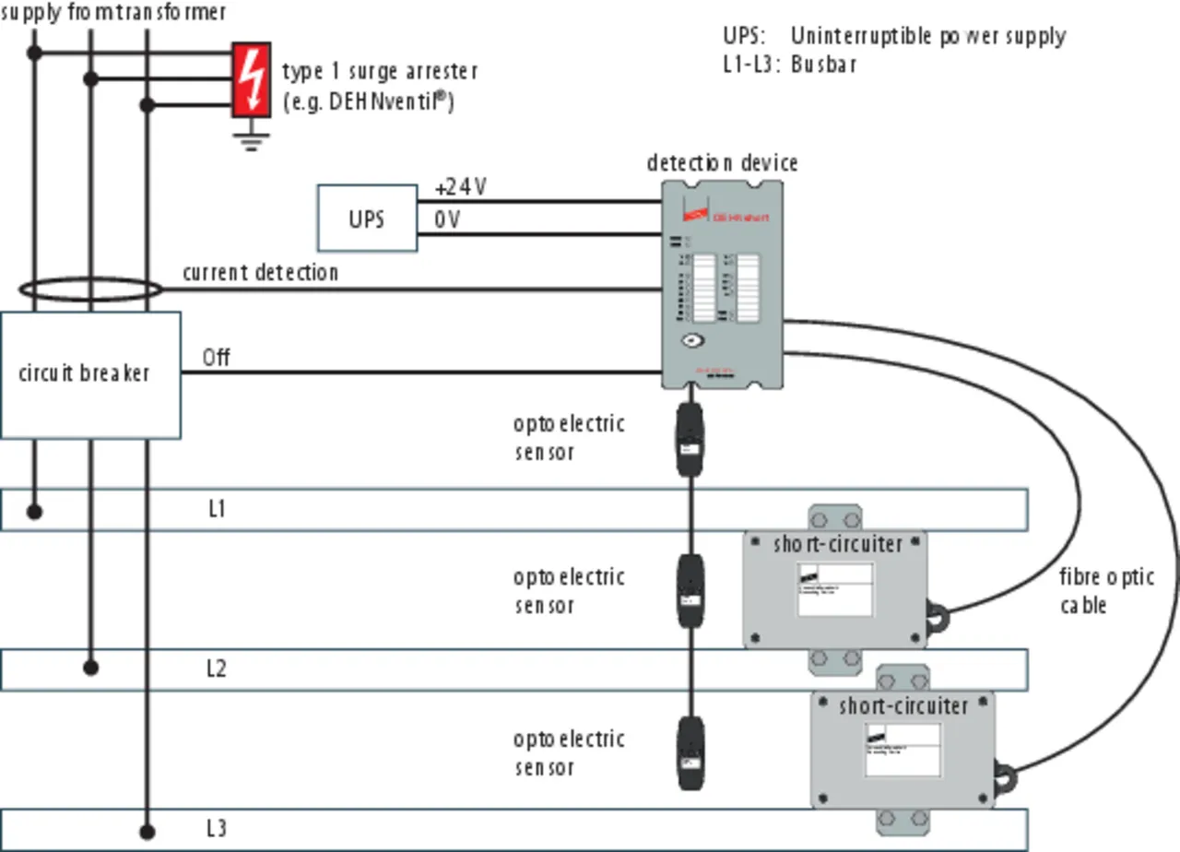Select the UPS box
tap(367, 219)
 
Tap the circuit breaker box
tap(90, 374)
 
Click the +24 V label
tap(461, 187)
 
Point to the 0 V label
tap(447, 220)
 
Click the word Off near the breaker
tap(216, 357)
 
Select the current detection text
tap(260, 273)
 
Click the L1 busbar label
tap(216, 509)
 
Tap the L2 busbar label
tap(216, 669)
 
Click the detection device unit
tap(723, 282)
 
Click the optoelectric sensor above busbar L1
tap(690, 440)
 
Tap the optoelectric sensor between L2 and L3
tap(690, 751)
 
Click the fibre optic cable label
tap(1105, 591)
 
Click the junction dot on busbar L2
tap(90, 667)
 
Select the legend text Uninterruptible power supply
tap(927, 37)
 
